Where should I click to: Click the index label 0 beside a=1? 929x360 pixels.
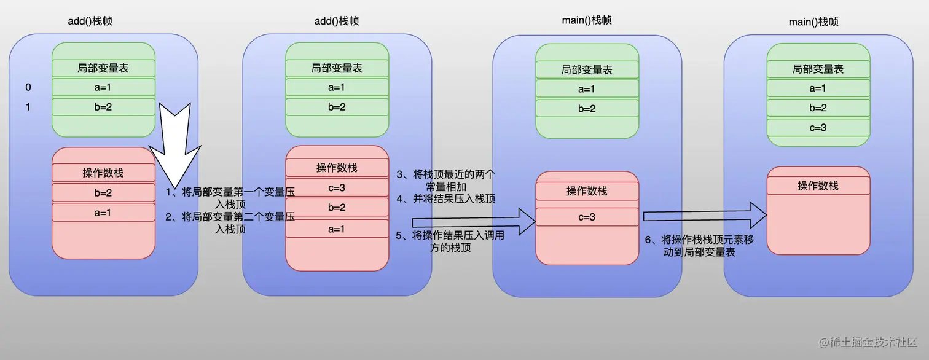click(x=28, y=87)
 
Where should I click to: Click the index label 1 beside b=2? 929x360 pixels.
click(x=28, y=107)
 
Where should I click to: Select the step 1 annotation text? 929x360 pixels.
click(x=230, y=197)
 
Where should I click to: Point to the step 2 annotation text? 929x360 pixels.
click(x=230, y=222)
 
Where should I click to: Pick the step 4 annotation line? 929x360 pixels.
click(x=446, y=198)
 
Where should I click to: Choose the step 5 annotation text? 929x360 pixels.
click(x=450, y=241)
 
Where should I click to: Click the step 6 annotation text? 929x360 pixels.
click(x=699, y=246)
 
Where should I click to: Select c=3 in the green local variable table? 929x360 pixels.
click(x=818, y=127)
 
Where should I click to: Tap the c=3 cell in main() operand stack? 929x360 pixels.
click(x=587, y=217)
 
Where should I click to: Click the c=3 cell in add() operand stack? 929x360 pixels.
click(x=337, y=187)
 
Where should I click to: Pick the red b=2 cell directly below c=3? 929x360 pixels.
click(x=337, y=207)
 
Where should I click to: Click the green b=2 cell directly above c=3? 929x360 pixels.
click(x=818, y=108)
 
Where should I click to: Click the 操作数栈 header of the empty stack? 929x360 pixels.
click(x=818, y=186)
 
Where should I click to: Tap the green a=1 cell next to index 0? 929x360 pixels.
click(x=103, y=87)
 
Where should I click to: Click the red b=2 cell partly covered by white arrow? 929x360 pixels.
click(x=103, y=192)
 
